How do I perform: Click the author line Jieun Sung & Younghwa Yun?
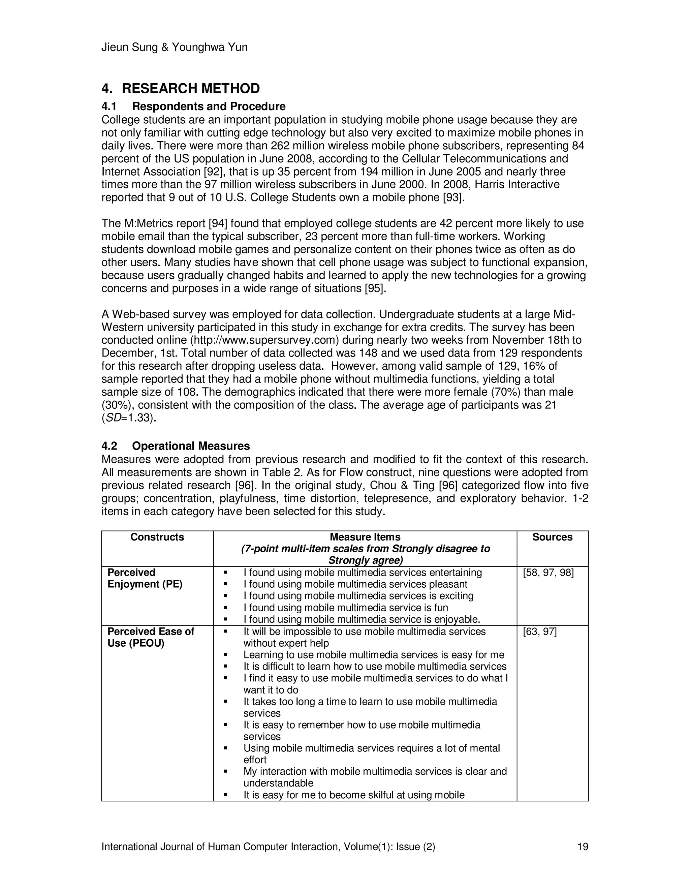pyautogui.click(x=174, y=48)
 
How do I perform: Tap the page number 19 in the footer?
pyautogui.click(x=583, y=846)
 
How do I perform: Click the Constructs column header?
pyautogui.click(x=157, y=537)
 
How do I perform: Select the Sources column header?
pyautogui.click(x=552, y=537)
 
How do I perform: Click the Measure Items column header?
pyautogui.click(x=365, y=537)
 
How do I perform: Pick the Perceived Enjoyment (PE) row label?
pyautogui.click(x=145, y=578)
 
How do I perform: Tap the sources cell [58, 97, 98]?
pyautogui.click(x=548, y=573)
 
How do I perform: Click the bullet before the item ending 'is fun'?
pyautogui.click(x=225, y=608)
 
